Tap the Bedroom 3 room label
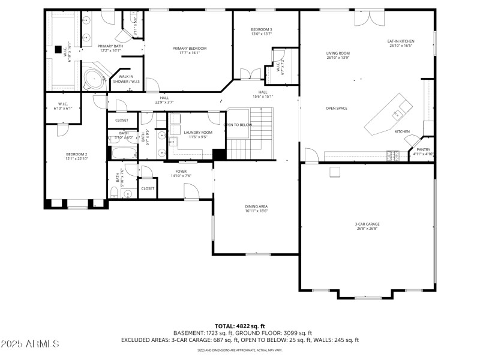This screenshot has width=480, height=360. [262, 32]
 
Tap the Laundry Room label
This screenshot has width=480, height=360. [197, 134]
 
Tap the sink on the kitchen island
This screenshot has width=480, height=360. [397, 114]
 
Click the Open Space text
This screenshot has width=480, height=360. [337, 109]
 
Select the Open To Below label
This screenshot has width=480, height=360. [238, 125]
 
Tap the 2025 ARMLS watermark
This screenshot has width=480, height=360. [29, 344]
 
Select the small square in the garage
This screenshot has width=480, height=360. [335, 173]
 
